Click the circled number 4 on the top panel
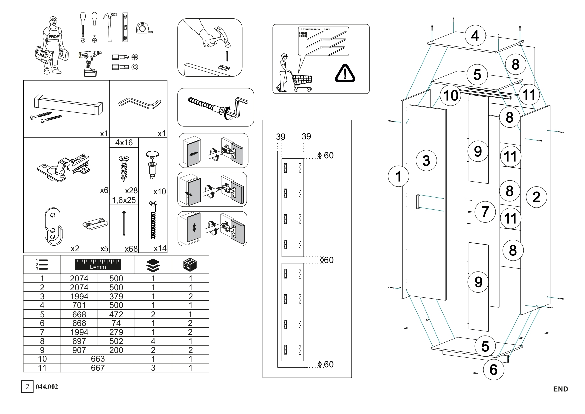[x=475, y=35]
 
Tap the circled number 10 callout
[x=450, y=95]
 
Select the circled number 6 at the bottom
[x=493, y=369]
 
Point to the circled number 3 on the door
[x=426, y=160]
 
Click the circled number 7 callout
[x=485, y=211]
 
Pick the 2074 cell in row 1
[x=79, y=278]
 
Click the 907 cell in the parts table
[x=79, y=350]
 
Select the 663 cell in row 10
[x=98, y=359]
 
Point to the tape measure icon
[x=145, y=28]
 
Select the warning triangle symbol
[x=345, y=73]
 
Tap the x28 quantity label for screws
[x=131, y=190]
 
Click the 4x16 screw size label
[x=124, y=143]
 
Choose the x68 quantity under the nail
[x=131, y=249]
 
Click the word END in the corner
[x=560, y=389]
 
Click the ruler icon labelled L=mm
[x=98, y=264]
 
